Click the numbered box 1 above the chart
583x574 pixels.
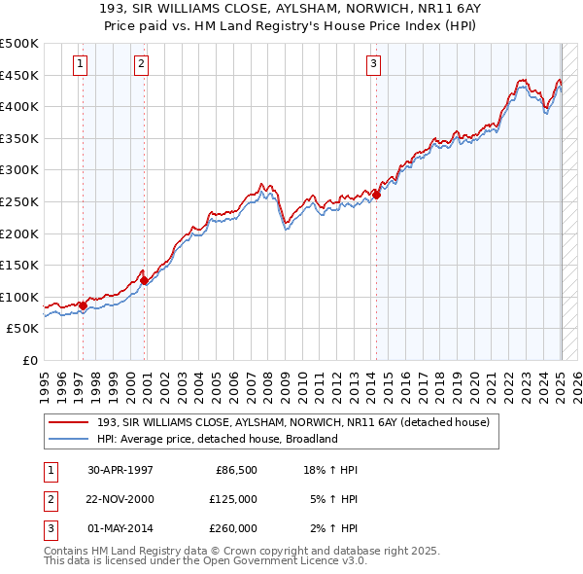pyautogui.click(x=79, y=64)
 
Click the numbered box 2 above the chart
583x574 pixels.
pyautogui.click(x=141, y=64)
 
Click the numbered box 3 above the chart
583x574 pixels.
pyautogui.click(x=373, y=64)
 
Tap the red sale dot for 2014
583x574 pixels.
pyautogui.click(x=376, y=195)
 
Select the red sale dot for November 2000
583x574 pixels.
pyautogui.click(x=144, y=280)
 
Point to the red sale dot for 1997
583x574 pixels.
pyautogui.click(x=83, y=305)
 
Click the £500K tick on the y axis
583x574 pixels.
pyautogui.click(x=19, y=44)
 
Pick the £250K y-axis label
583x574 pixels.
pyautogui.click(x=19, y=201)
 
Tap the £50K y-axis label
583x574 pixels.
pyautogui.click(x=23, y=329)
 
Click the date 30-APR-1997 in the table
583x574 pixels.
pyautogui.click(x=120, y=470)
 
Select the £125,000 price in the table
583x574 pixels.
pyautogui.click(x=234, y=499)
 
